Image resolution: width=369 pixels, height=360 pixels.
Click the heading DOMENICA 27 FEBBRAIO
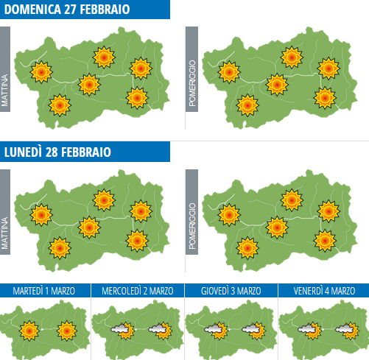(x=68, y=10)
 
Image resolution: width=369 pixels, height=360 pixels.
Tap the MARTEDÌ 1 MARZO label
(x=46, y=291)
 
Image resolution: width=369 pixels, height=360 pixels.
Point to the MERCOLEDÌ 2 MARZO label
(x=138, y=291)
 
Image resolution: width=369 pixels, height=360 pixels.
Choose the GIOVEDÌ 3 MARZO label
(x=231, y=291)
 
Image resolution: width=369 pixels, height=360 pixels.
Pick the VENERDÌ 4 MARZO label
(x=323, y=291)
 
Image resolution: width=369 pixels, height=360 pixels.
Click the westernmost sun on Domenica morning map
(x=42, y=71)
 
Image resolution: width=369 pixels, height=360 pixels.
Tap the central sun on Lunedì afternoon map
(x=277, y=227)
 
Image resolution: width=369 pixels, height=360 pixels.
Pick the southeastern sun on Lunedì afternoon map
(x=325, y=240)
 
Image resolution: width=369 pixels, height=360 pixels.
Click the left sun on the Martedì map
(x=29, y=331)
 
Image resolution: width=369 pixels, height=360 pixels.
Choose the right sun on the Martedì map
(x=68, y=331)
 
